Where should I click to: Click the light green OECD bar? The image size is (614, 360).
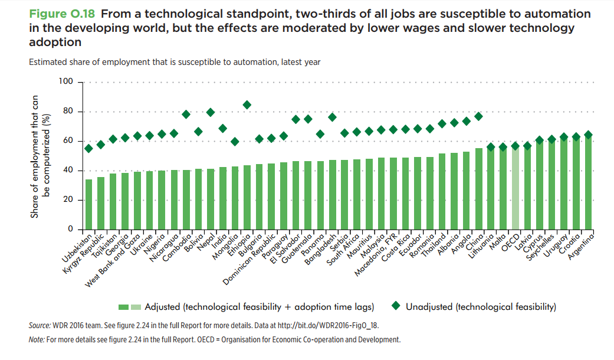point(516,189)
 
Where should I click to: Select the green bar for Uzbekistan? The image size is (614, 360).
point(88,204)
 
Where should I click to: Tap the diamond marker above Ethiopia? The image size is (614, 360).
point(247,105)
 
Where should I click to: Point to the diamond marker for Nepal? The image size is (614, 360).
point(211,112)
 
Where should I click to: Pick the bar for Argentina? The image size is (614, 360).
point(588,183)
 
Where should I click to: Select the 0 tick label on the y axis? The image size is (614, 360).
point(70,229)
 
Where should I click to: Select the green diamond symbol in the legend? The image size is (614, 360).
point(396,306)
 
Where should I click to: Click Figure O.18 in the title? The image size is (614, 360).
point(64,14)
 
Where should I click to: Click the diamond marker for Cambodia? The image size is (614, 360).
point(186,114)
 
